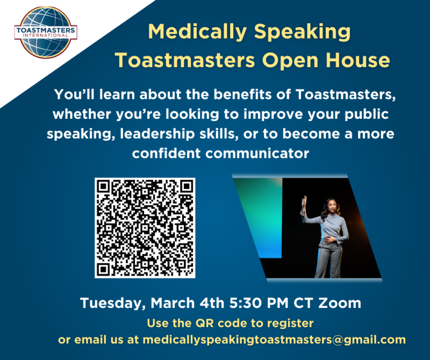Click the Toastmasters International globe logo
coord(46,32)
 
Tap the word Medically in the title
coord(197,33)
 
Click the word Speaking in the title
coord(302,33)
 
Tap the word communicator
coord(257,153)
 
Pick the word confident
coord(167,153)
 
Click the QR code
coord(145,228)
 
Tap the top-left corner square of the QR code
coord(103,187)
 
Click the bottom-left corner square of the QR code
coord(103,269)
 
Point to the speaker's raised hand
coord(304,202)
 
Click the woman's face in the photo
coord(332,206)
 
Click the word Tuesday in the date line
coord(113,304)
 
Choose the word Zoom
coord(340,303)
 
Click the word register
coord(290,323)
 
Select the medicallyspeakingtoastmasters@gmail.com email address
coord(274,340)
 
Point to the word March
coord(173,303)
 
